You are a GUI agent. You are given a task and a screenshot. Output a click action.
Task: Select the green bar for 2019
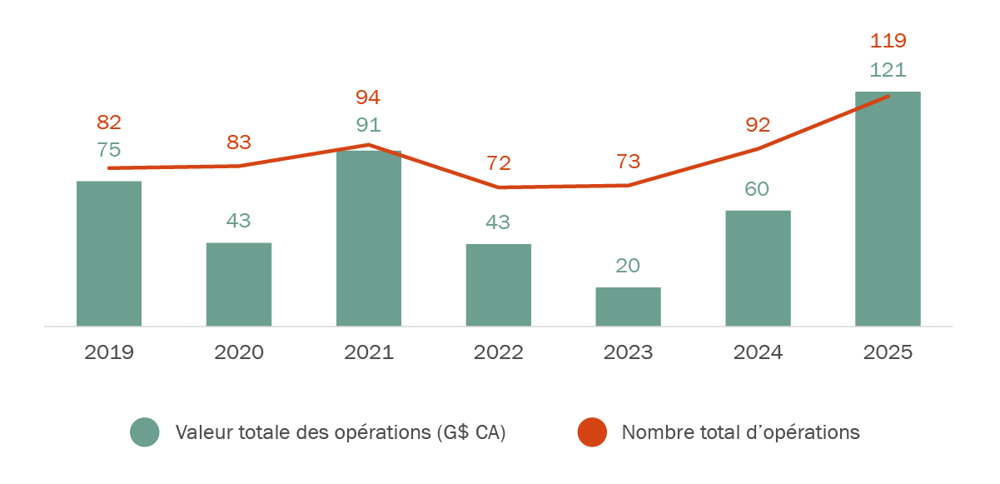click(109, 253)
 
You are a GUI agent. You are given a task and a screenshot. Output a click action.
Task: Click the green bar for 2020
click(239, 284)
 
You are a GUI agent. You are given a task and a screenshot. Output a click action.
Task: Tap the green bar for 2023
click(629, 307)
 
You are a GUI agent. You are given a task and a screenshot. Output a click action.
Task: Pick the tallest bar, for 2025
click(888, 208)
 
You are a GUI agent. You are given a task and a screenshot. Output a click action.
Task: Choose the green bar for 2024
click(758, 268)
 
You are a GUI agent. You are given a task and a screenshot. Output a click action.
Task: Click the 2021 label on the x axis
click(369, 352)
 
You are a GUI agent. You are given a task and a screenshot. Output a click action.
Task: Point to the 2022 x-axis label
click(499, 352)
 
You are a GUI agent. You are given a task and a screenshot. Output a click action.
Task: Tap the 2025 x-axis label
click(888, 352)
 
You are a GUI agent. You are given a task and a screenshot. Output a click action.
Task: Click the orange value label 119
click(888, 41)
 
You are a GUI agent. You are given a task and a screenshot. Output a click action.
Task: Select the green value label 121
click(888, 70)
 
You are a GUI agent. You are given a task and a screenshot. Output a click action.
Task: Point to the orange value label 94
click(368, 97)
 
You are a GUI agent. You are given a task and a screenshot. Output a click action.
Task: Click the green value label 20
click(629, 266)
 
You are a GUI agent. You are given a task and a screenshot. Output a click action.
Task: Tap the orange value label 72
click(499, 163)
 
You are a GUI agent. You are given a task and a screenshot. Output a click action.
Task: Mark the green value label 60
click(757, 189)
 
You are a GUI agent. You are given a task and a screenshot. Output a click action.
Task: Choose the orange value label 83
click(239, 142)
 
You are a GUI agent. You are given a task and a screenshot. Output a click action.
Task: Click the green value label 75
click(109, 150)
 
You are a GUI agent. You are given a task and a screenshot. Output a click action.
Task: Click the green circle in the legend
click(145, 432)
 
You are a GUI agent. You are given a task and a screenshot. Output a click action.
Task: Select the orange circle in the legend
click(592, 432)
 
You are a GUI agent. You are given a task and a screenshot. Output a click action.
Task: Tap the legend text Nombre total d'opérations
click(740, 432)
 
